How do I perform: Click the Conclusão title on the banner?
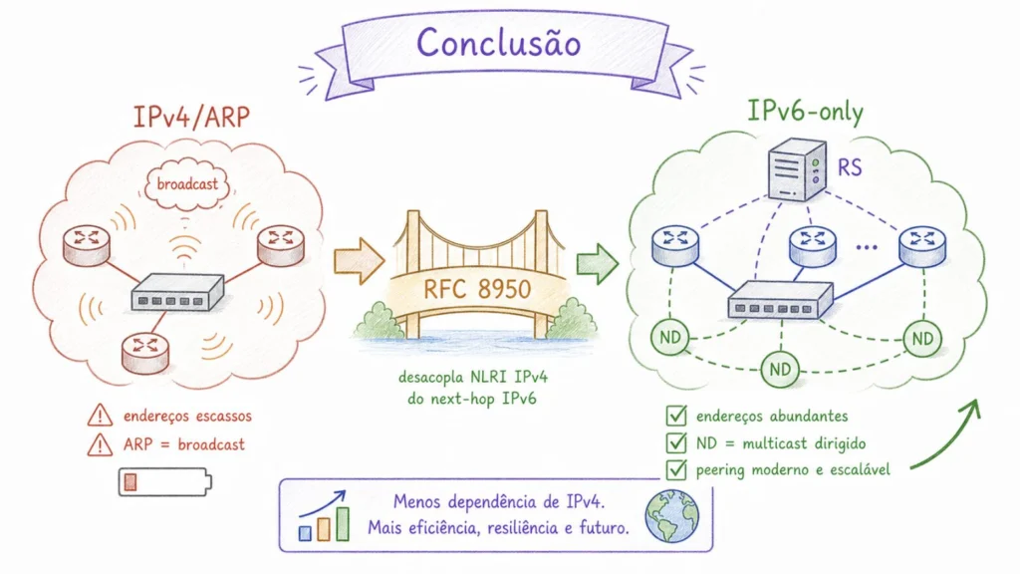(498, 43)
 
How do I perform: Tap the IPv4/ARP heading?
(191, 117)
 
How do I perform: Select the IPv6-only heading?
(805, 111)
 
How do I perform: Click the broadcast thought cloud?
(187, 184)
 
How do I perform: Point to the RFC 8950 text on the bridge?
(477, 289)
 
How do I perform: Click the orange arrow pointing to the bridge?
(359, 260)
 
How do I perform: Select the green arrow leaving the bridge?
(597, 263)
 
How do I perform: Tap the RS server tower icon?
(797, 169)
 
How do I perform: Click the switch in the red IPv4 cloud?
(177, 292)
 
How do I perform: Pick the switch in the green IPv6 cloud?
(780, 300)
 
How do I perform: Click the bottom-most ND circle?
(780, 370)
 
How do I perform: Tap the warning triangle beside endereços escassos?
(100, 415)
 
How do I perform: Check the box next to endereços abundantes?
(676, 416)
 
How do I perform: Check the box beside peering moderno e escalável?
(676, 469)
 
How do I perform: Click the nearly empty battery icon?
(165, 482)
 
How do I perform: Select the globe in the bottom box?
(672, 517)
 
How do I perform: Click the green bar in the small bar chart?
(343, 524)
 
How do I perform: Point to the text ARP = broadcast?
(184, 444)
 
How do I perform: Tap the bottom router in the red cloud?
(145, 352)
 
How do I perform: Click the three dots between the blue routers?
(867, 247)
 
